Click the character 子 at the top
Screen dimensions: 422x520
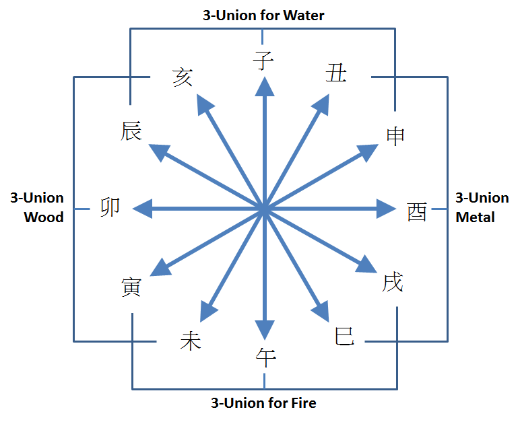point(263,61)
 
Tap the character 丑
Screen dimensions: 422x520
point(336,73)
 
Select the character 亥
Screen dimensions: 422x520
point(183,77)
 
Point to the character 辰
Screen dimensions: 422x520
point(131,131)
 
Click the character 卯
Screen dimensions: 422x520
point(110,207)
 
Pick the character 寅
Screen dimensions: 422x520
point(131,287)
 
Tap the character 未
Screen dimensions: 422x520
point(191,341)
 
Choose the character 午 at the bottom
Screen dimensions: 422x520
point(266,357)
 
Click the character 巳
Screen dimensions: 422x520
point(344,335)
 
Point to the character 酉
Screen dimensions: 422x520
point(417,212)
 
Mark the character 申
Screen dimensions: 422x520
point(395,136)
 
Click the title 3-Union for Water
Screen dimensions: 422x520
point(263,15)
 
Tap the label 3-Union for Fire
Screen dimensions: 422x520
point(263,403)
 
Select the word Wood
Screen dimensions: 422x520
point(44,217)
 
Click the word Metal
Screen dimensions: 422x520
point(475,217)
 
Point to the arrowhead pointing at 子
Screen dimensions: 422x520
point(264,87)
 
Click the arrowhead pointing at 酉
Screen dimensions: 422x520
point(386,209)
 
